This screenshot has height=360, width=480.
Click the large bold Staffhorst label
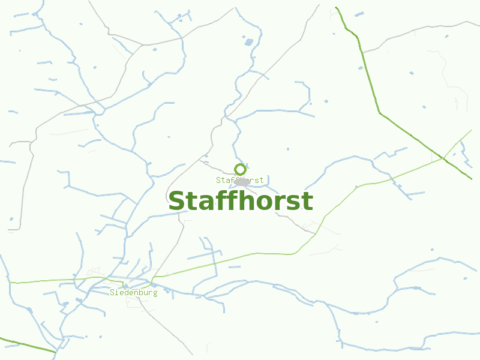(x=240, y=202)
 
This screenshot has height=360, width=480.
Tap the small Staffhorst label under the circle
(x=240, y=180)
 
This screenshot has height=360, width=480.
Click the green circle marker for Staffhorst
(x=240, y=169)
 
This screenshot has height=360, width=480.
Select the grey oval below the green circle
(x=242, y=181)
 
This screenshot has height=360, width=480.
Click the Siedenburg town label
(x=133, y=293)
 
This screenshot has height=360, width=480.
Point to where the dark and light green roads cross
(x=443, y=158)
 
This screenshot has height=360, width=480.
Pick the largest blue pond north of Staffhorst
(x=249, y=41)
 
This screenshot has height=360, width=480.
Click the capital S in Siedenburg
(x=112, y=293)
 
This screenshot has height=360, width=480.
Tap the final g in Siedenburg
(x=155, y=293)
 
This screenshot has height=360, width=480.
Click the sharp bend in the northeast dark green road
(x=379, y=112)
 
